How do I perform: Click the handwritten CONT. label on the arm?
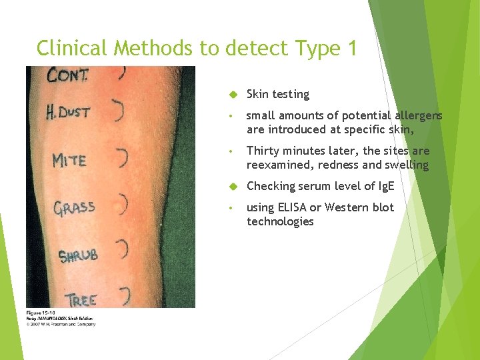[67, 75]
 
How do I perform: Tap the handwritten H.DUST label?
[67, 111]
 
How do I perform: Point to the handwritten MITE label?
[69, 161]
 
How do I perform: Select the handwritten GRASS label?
[74, 207]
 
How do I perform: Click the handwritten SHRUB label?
[78, 255]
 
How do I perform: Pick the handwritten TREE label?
[81, 299]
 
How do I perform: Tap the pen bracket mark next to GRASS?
[123, 202]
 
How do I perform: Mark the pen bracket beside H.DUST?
[119, 111]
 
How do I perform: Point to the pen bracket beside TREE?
[124, 294]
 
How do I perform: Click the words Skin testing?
[277, 95]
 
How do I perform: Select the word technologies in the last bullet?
[280, 221]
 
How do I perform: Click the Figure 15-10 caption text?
[41, 313]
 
